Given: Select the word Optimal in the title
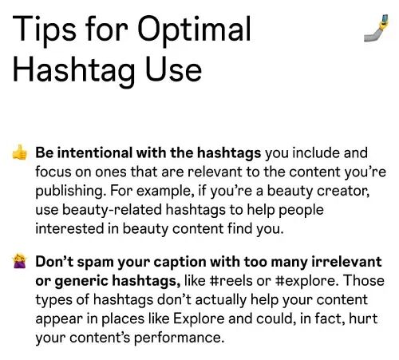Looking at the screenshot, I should click(x=194, y=31).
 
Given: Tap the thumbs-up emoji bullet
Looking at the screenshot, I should click(x=20, y=152).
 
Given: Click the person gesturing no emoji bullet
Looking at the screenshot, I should click(x=20, y=262).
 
